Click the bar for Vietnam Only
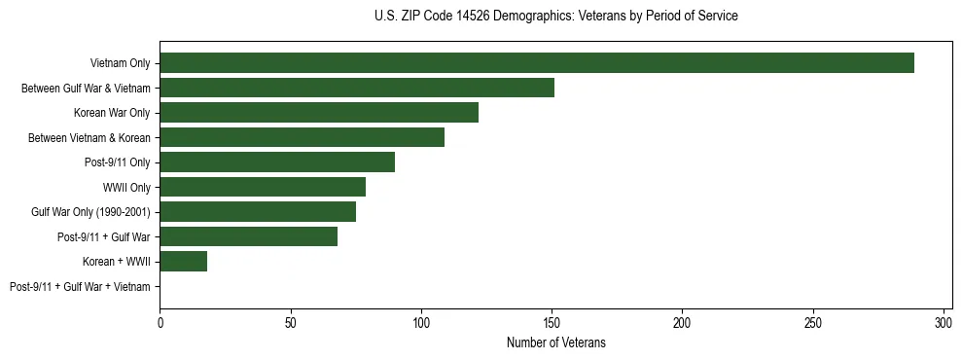(x=537, y=63)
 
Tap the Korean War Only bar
(x=319, y=113)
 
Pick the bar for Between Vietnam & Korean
(x=302, y=137)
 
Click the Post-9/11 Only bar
(x=277, y=162)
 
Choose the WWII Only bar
(x=263, y=187)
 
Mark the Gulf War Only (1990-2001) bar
(x=258, y=212)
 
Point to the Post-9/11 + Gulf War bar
(x=248, y=236)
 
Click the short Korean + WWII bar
(x=184, y=262)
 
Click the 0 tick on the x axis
(x=160, y=322)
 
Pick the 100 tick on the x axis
(x=421, y=322)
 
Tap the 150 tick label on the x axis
(x=552, y=322)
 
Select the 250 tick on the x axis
(x=813, y=322)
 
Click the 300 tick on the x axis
(x=944, y=322)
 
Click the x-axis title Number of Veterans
(x=555, y=342)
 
